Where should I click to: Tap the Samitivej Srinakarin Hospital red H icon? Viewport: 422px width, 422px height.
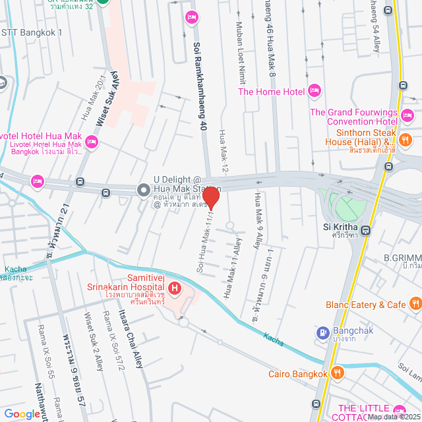coord(175,288)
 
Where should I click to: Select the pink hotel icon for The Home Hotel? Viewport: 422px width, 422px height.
coord(315,91)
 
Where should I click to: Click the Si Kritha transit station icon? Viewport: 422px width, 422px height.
coord(366,231)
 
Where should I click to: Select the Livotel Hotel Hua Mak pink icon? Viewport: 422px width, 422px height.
coord(92,142)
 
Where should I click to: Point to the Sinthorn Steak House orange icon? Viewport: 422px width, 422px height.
coord(406,140)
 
